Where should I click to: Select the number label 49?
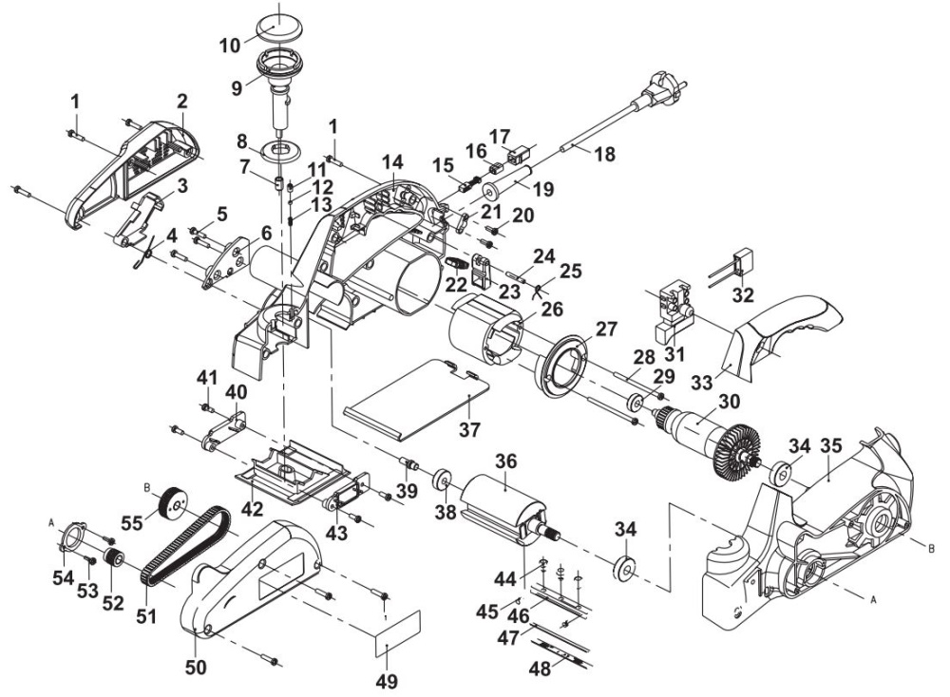387,681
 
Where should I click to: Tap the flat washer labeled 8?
280,150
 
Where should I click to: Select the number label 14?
392,162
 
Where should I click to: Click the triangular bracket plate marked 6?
226,264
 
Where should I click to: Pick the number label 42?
252,508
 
